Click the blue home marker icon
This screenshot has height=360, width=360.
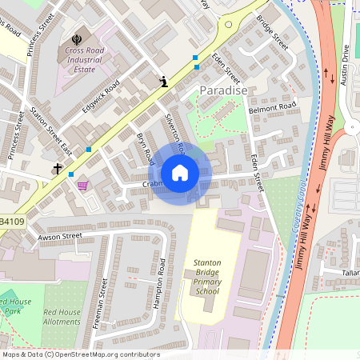(x=180, y=172)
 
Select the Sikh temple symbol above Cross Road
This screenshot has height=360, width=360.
(x=77, y=38)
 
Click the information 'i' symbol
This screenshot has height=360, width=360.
(x=164, y=82)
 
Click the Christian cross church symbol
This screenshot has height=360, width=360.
(x=58, y=169)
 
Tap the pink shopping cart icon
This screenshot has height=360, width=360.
(x=82, y=186)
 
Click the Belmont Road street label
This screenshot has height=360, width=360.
(x=272, y=106)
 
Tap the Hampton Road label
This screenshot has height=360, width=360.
(x=161, y=281)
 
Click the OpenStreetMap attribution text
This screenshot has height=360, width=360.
(x=80, y=354)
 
